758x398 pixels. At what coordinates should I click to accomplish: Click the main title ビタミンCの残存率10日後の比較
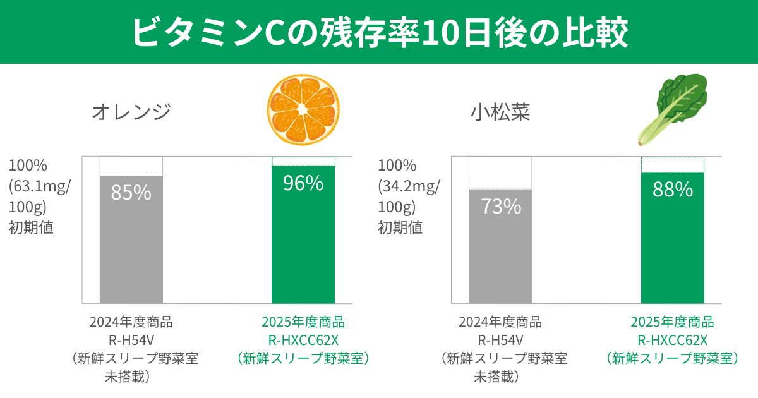coord(379,32)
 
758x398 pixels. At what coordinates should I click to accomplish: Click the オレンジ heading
coord(131,112)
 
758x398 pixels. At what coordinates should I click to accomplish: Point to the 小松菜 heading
coord(500,112)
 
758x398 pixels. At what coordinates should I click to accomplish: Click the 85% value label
coord(131,192)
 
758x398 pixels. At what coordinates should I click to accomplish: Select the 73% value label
coord(500,206)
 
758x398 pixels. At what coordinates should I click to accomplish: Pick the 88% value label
coord(672,189)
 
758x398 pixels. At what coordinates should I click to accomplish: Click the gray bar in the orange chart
coord(131,253)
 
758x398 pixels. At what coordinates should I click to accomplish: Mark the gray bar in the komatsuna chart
coord(500,259)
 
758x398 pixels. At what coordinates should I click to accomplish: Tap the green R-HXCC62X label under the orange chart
coord(303,340)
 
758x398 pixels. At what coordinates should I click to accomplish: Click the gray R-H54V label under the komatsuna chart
coord(500,340)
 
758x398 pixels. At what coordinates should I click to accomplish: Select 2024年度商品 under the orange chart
coord(131,322)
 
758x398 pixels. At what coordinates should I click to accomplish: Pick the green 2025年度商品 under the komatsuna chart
coord(672,322)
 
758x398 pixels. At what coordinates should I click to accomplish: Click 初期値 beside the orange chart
coord(31,227)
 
